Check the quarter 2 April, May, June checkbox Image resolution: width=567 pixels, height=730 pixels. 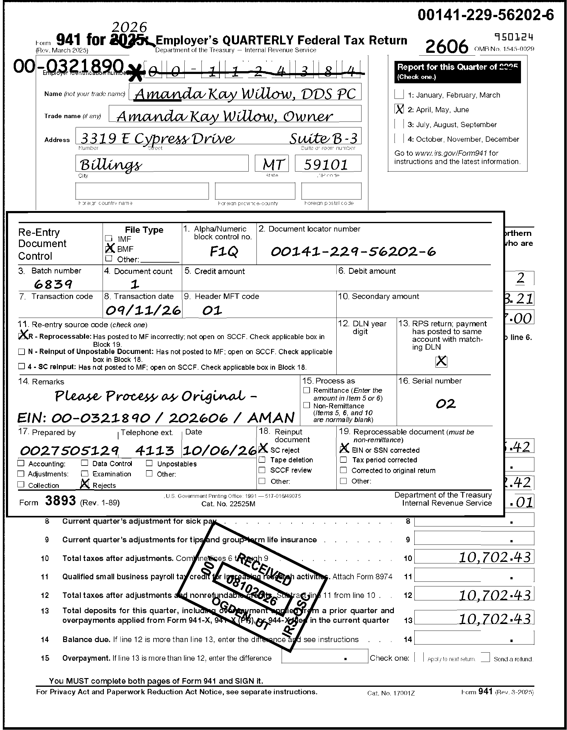coord(399,109)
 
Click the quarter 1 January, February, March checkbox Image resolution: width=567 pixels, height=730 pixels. coord(399,94)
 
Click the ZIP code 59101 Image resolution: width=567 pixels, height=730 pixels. coord(326,164)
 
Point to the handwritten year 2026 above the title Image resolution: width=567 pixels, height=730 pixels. coord(129,27)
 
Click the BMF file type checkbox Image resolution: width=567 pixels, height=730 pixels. coord(109,249)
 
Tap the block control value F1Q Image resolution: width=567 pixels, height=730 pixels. coord(223,251)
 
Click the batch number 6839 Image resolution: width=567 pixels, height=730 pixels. coord(53,284)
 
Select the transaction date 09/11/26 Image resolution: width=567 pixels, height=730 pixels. coord(143,310)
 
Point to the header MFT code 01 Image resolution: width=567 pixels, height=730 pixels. coord(212,310)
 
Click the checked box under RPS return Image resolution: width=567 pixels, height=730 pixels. coord(441,361)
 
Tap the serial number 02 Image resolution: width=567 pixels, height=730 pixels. coord(446,404)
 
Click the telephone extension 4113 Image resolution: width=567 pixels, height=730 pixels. coord(154,451)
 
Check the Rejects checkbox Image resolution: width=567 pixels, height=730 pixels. coord(85,484)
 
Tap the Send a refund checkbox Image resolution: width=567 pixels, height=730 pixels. coord(486,658)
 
